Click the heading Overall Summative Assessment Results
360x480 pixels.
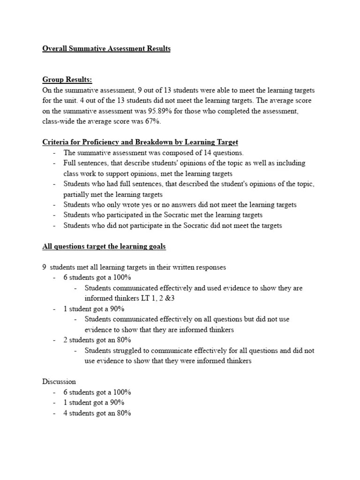(106, 49)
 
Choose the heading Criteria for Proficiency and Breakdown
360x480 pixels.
(141, 142)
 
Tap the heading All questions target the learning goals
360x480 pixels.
(104, 246)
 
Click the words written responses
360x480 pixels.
(201, 267)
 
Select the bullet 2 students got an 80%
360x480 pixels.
(97, 340)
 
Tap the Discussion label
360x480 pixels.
(59, 382)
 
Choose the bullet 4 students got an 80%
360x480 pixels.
(97, 413)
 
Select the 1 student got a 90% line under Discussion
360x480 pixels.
(94, 403)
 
